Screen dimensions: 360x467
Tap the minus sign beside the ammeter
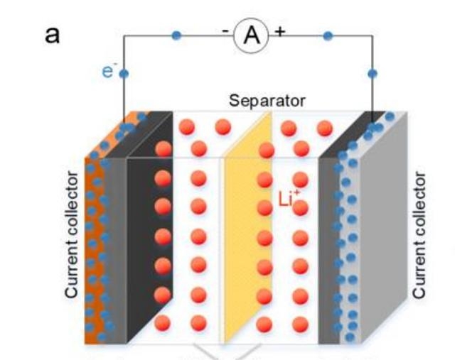[x=225, y=32]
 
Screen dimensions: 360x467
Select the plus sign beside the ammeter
[x=279, y=32]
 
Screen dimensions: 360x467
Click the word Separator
[x=267, y=101]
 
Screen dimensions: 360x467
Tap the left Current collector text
[x=72, y=235]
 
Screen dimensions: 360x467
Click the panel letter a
[x=52, y=34]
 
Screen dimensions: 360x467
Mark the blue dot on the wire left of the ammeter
[x=176, y=36]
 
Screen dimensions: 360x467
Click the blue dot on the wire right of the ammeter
[x=328, y=36]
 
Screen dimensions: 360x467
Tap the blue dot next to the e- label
[x=124, y=72]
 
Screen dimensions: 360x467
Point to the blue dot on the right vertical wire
[x=372, y=72]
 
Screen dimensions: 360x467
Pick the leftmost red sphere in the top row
[x=187, y=128]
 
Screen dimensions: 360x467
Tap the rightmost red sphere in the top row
[x=324, y=129]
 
